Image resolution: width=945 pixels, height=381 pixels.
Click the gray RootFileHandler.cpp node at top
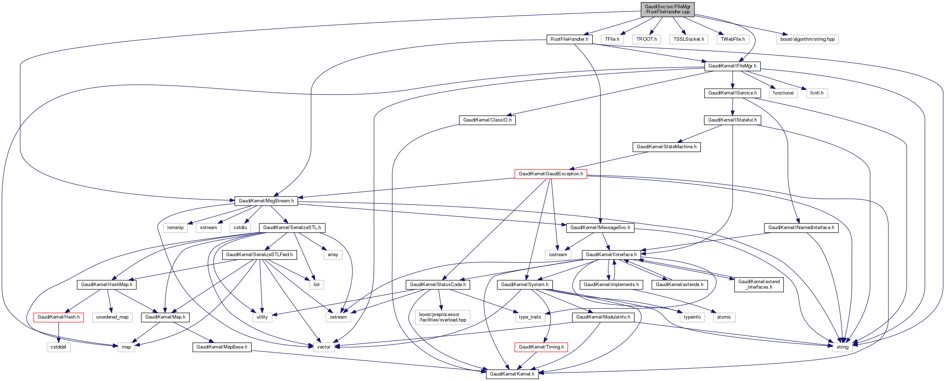pyautogui.click(x=668, y=9)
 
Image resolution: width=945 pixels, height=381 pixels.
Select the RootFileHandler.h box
pyautogui.click(x=569, y=39)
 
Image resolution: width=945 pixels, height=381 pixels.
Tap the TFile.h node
pyautogui.click(x=612, y=39)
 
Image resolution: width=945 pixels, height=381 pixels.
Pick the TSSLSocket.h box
pyautogui.click(x=689, y=39)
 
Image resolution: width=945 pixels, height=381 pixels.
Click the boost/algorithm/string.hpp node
pyautogui.click(x=807, y=39)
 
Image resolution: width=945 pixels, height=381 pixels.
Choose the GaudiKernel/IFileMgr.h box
pyautogui.click(x=732, y=66)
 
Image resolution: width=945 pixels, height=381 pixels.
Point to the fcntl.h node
pyautogui.click(x=817, y=93)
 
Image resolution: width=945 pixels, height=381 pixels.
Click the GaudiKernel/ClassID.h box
pyautogui.click(x=487, y=120)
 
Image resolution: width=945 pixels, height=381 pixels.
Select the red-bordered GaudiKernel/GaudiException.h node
pyautogui.click(x=551, y=174)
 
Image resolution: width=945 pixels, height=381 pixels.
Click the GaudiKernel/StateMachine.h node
pyautogui.click(x=667, y=147)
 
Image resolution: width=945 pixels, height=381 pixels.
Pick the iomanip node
pyautogui.click(x=175, y=228)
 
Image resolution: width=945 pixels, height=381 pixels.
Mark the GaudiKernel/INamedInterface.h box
pyautogui.click(x=801, y=228)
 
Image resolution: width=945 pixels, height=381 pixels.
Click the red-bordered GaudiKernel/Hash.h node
pyautogui.click(x=58, y=317)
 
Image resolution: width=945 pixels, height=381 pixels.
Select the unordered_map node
pyautogui.click(x=112, y=317)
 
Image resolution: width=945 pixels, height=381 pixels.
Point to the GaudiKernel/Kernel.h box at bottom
pyautogui.click(x=512, y=374)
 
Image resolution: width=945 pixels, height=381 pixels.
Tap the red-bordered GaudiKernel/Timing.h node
pyautogui.click(x=541, y=347)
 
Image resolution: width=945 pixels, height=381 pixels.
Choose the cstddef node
pyautogui.click(x=58, y=347)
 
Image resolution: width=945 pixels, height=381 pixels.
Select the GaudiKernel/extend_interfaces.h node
pyautogui.click(x=759, y=284)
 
